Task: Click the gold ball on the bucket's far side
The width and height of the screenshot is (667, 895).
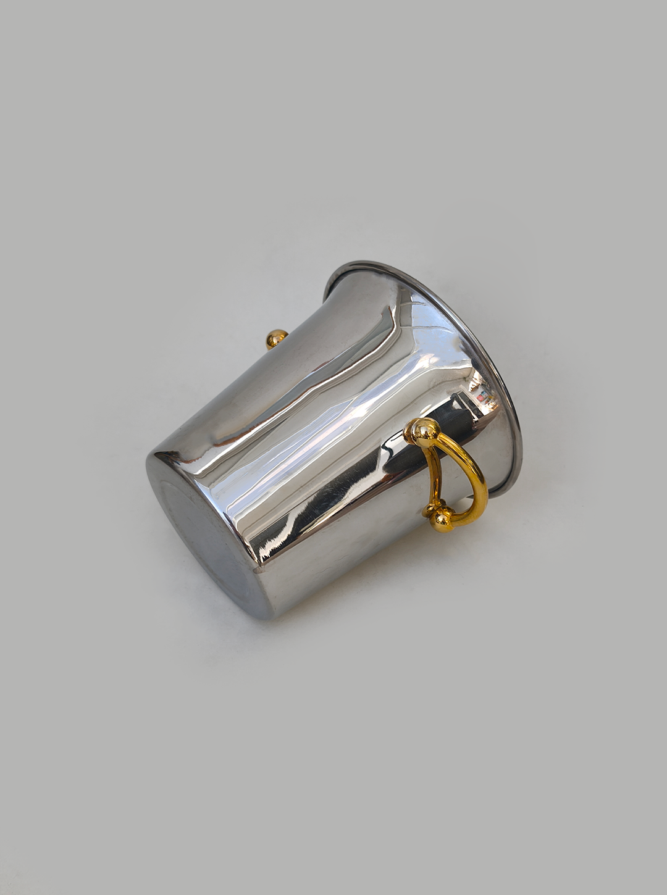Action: (x=275, y=339)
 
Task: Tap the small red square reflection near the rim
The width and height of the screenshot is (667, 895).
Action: (x=480, y=399)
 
